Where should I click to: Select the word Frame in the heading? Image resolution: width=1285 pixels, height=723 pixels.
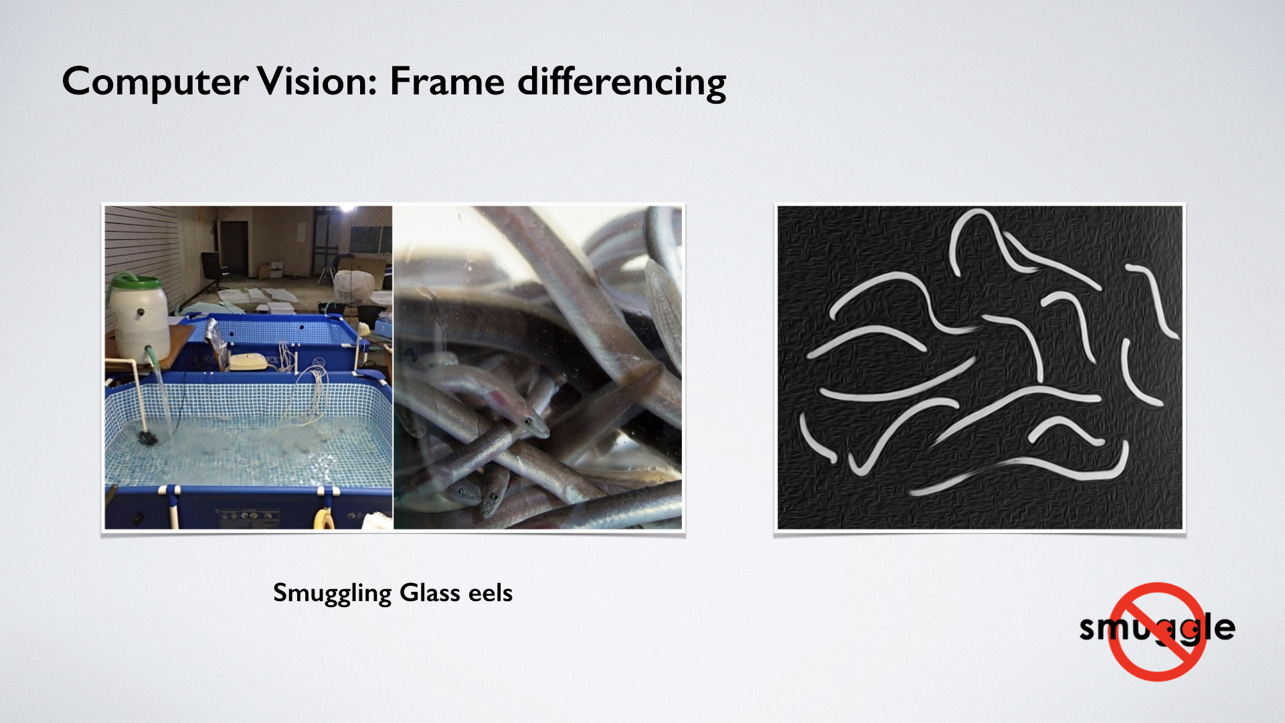point(447,82)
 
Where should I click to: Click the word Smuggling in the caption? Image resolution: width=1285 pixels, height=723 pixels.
point(332,594)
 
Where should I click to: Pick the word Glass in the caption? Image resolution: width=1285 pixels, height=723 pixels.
point(430,592)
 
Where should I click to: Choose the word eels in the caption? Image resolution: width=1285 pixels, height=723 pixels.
point(491,592)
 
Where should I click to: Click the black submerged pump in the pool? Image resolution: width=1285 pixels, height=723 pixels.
point(148,438)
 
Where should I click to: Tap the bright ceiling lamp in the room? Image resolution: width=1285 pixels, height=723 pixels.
point(347,208)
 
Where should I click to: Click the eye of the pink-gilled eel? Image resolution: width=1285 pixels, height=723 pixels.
point(529,422)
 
